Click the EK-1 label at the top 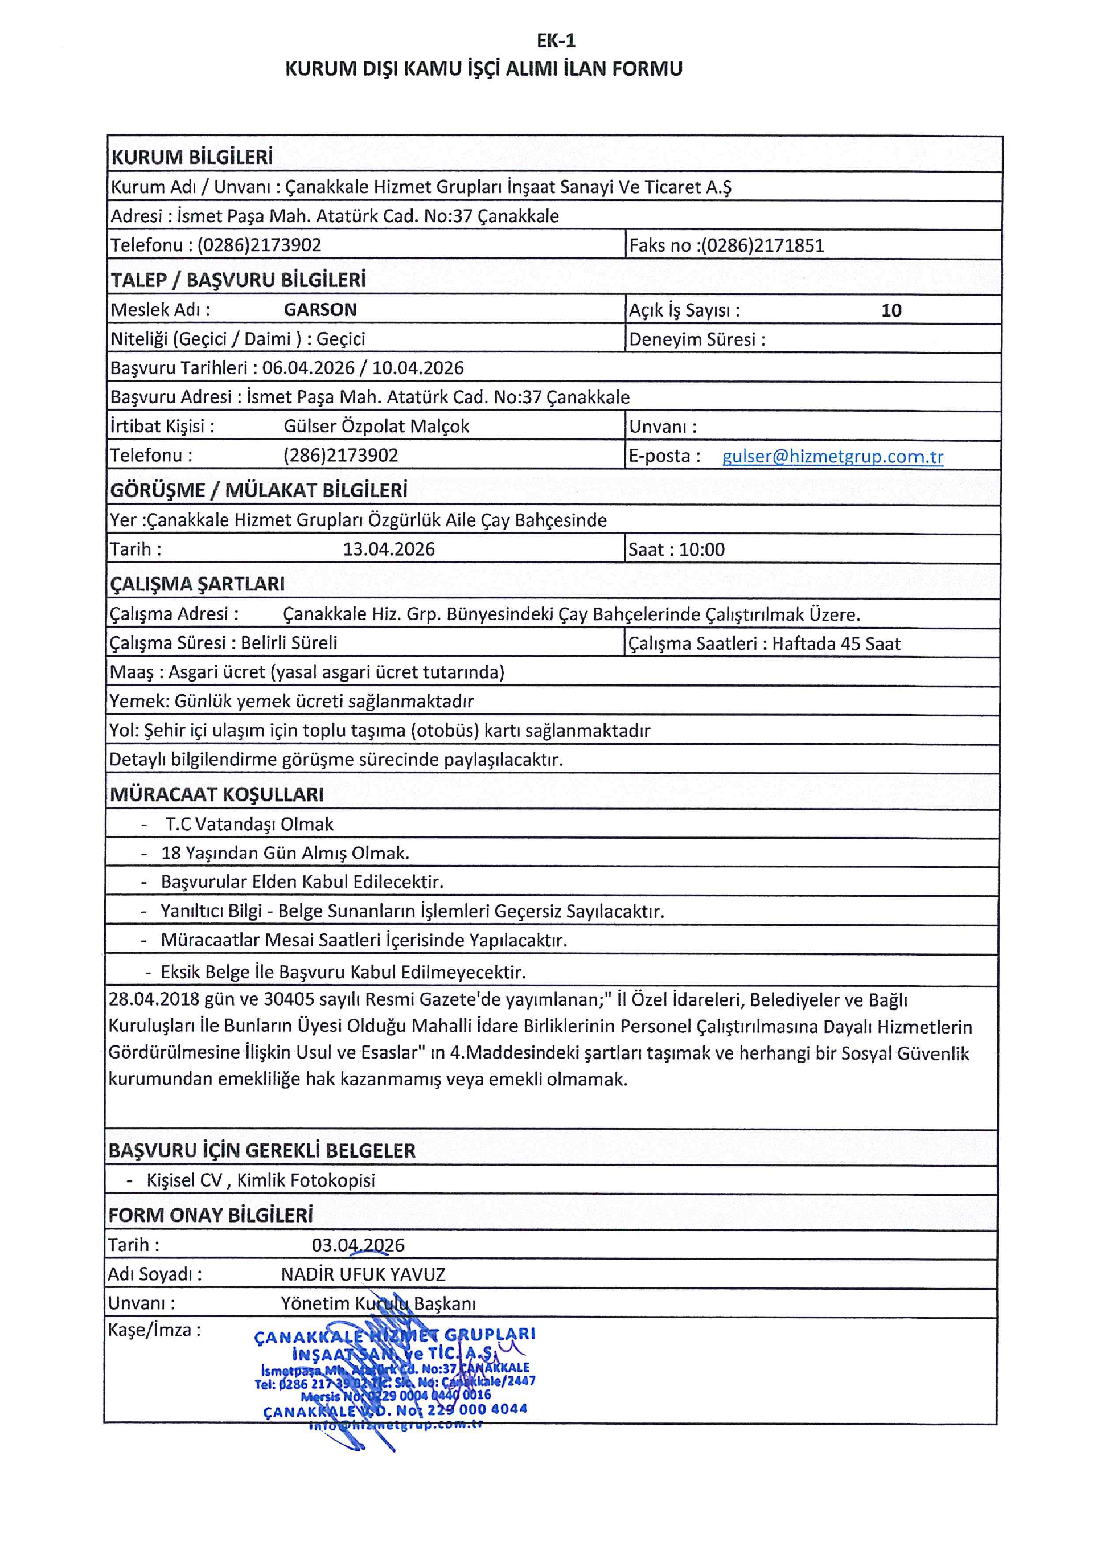(x=556, y=41)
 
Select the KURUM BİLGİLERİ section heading (x=192, y=157)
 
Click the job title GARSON (x=320, y=310)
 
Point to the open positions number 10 (x=891, y=310)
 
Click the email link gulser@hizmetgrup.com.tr (x=832, y=457)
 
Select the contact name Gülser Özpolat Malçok (x=376, y=427)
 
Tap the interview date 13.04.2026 (x=389, y=549)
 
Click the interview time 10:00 (x=702, y=550)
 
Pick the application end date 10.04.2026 (x=418, y=368)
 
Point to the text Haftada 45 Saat (x=836, y=643)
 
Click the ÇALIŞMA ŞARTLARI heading (x=197, y=584)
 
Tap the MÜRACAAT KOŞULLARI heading (x=217, y=794)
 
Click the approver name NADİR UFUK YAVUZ (x=363, y=1274)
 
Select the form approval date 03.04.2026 (x=358, y=1245)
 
